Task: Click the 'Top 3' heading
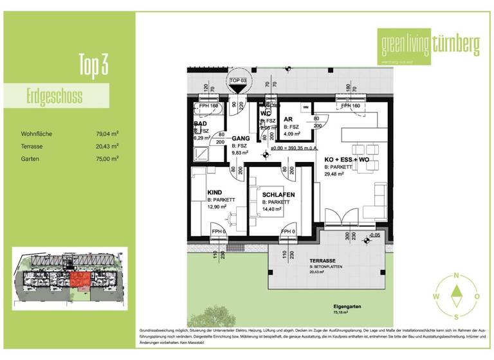(x=93, y=66)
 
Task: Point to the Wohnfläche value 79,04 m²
(x=107, y=134)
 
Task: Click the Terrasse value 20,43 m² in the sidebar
(x=107, y=146)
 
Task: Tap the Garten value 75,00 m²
(x=107, y=157)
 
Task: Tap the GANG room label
(x=241, y=138)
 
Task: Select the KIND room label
(x=214, y=192)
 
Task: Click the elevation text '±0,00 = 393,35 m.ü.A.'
(x=295, y=148)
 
